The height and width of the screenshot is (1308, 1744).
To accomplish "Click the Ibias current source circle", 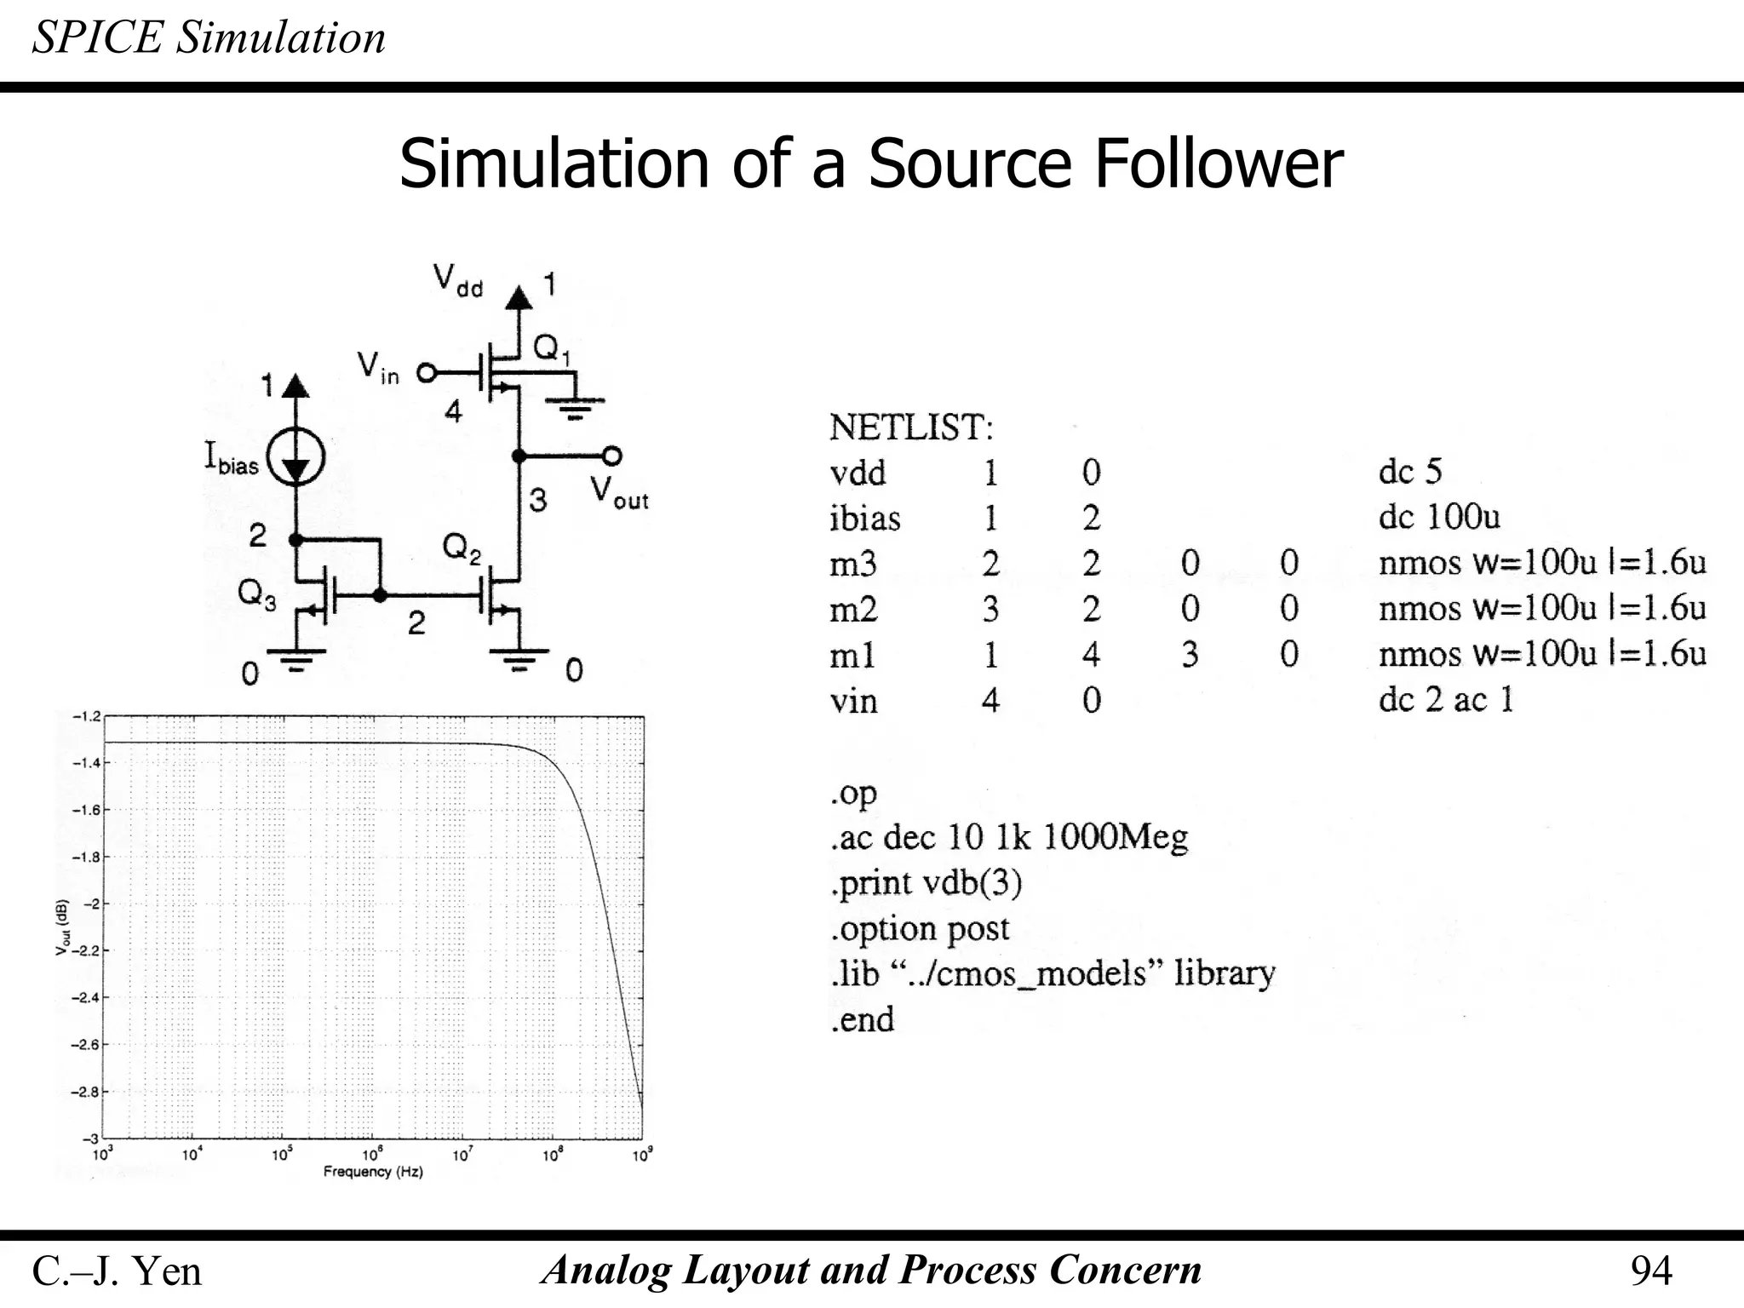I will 295,457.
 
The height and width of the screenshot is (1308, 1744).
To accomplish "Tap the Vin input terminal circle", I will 426,373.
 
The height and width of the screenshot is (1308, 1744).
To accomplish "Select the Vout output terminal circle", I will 612,456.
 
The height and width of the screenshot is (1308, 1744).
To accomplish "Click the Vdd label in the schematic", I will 458,279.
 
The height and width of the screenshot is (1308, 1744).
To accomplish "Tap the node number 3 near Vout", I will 537,500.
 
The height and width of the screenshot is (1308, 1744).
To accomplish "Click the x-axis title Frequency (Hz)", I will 373,1172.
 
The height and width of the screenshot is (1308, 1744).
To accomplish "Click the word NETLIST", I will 911,427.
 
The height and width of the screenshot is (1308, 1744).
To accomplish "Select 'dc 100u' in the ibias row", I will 1439,517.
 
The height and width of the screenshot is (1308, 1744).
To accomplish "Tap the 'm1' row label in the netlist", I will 852,655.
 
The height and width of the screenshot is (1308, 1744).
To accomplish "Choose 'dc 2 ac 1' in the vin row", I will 1446,700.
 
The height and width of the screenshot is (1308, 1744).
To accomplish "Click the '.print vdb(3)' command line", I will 926,883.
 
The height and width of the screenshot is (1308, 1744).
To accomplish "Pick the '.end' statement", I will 862,1019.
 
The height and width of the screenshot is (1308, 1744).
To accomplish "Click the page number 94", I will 1650,1271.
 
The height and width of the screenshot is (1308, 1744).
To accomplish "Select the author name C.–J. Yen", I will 117,1271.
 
